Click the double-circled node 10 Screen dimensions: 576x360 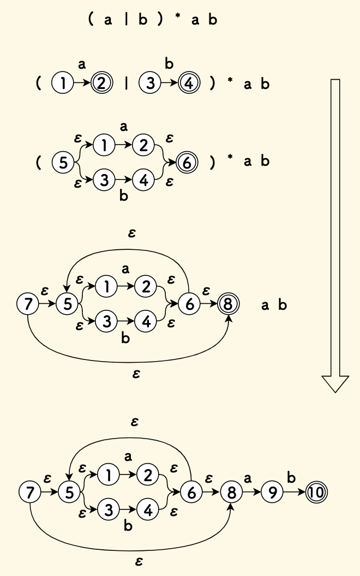click(316, 493)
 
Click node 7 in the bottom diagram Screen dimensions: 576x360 click(29, 493)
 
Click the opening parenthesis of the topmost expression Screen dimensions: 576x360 click(89, 20)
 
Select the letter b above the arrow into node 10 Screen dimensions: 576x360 click(291, 478)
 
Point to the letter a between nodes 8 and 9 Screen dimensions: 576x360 click(248, 478)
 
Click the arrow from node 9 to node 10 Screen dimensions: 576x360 click(293, 493)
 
